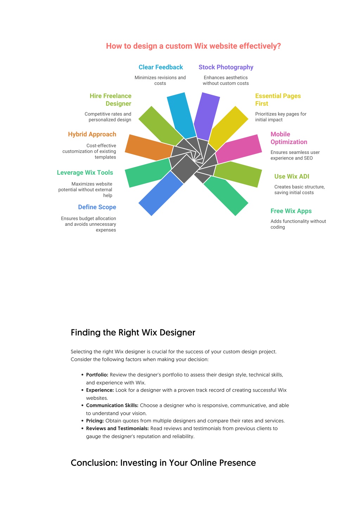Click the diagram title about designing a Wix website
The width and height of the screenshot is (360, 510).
tap(193, 46)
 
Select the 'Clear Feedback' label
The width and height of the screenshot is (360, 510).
tap(160, 67)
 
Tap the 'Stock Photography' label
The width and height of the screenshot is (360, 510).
tap(226, 67)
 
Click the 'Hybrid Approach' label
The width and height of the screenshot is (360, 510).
tap(92, 134)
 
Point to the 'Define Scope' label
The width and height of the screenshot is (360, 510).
tap(97, 207)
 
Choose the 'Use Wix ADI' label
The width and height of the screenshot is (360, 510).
tap(292, 176)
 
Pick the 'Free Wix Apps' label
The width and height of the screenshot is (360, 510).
tap(291, 211)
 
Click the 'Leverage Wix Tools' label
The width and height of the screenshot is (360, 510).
tap(85, 173)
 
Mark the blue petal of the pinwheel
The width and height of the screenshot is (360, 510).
tap(160, 194)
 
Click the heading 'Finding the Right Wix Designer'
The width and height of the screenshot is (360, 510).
tap(133, 332)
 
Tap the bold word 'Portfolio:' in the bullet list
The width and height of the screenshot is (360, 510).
tap(97, 375)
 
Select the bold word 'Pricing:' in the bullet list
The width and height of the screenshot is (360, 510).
tap(95, 421)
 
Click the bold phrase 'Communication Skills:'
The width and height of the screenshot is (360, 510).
tap(112, 405)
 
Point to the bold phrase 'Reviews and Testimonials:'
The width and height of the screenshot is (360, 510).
tap(117, 428)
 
